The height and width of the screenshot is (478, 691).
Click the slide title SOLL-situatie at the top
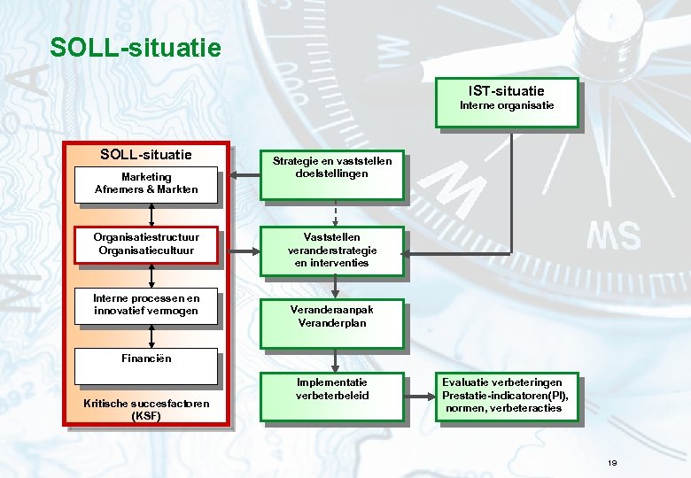pos(136,47)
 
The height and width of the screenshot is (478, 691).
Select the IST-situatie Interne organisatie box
pos(506,103)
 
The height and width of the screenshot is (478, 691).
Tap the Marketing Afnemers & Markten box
pos(147,183)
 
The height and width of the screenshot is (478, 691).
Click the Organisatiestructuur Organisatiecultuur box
pos(147,243)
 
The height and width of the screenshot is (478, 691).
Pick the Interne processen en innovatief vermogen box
pos(147,305)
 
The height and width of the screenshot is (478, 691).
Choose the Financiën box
pos(147,363)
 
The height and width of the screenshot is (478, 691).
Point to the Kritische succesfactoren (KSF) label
pos(146,409)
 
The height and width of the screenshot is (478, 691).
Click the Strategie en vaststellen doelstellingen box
pos(332,173)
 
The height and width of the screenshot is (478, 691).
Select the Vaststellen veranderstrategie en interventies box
pos(332,251)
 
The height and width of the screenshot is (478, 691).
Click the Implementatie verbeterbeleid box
pos(332,396)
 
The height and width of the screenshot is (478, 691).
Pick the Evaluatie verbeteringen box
pos(507,396)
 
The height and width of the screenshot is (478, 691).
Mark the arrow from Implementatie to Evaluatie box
pos(419,397)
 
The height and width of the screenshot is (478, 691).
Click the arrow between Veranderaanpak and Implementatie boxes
pos(335,359)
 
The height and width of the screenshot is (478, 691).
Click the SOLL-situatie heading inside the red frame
pos(146,155)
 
